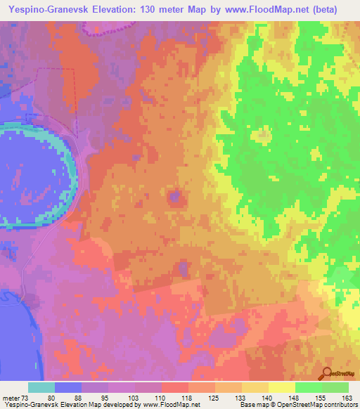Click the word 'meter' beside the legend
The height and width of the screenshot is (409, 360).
coord(10,398)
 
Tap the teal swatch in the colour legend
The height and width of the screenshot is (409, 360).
coord(41,388)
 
